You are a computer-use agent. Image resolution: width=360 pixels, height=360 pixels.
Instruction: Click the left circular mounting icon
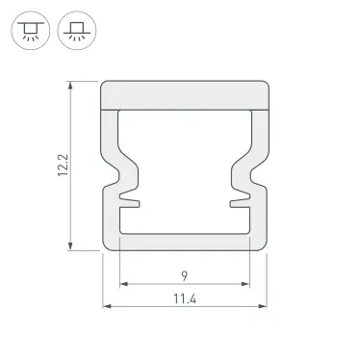(x=29, y=31)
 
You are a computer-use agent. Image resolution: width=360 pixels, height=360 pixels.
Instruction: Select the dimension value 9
(x=183, y=273)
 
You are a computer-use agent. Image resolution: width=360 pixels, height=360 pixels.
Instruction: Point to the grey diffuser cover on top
(x=184, y=94)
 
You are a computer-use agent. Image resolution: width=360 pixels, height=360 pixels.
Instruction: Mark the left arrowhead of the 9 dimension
(x=123, y=285)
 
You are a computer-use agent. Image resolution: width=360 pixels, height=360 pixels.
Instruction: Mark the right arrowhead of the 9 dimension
(x=245, y=285)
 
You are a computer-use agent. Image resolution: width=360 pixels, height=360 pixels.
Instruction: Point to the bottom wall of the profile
(x=184, y=244)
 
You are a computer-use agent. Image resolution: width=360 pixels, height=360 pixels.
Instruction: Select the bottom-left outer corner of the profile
(x=105, y=248)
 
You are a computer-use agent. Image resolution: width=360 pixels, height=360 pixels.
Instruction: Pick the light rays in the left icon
(x=29, y=39)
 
